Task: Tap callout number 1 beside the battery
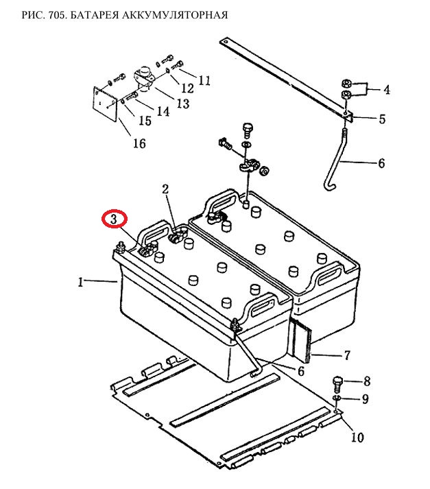(81, 281)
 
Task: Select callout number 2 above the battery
(165, 189)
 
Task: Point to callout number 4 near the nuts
(386, 90)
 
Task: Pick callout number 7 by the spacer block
(347, 355)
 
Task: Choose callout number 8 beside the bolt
(366, 381)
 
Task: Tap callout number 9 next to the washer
(366, 399)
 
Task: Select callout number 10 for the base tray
(357, 437)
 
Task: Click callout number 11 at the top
(204, 81)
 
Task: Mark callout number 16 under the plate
(139, 143)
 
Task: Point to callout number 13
(182, 104)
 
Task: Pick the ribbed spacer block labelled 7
(301, 340)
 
